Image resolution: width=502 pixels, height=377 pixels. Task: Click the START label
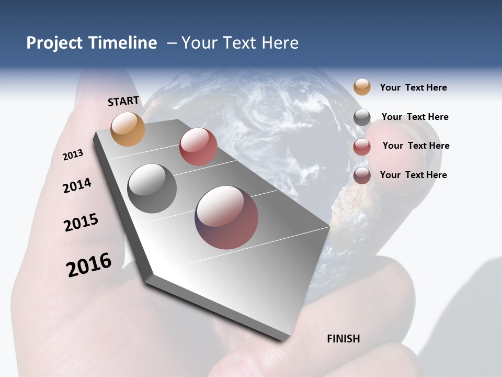click(x=123, y=101)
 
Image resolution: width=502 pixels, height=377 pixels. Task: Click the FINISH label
click(x=344, y=339)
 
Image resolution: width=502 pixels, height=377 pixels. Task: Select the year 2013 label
click(x=73, y=155)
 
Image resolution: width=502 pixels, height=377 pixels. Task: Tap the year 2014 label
click(x=77, y=185)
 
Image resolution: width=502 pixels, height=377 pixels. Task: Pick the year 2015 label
click(x=81, y=223)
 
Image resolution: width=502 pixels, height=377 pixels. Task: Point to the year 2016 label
click(x=89, y=264)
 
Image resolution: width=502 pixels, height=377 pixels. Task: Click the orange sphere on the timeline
click(x=128, y=129)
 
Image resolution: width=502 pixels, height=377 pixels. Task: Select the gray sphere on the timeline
click(x=152, y=188)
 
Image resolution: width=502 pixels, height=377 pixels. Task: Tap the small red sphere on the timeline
click(x=198, y=147)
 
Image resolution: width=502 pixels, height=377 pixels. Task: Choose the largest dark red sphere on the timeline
click(x=226, y=217)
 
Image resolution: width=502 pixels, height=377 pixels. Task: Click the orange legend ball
click(x=362, y=87)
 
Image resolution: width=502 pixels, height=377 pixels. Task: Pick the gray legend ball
click(x=362, y=117)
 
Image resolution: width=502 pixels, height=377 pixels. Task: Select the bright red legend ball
click(x=362, y=147)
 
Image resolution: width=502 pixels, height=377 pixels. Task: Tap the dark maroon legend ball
click(x=362, y=175)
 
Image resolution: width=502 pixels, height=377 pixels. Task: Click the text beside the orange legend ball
click(x=413, y=87)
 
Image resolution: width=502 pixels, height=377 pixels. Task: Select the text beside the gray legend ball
click(x=415, y=117)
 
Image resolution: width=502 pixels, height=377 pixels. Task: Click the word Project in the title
click(x=54, y=43)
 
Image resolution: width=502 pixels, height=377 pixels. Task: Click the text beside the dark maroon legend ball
click(x=413, y=175)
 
